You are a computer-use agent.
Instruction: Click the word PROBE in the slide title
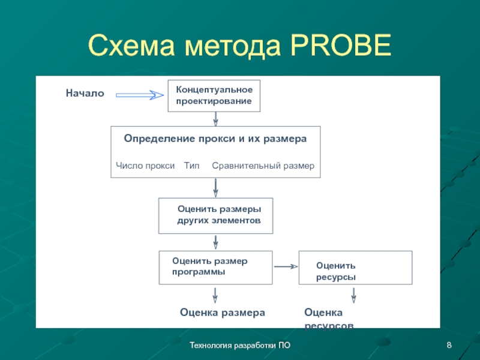[341, 46]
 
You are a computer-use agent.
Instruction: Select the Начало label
[85, 93]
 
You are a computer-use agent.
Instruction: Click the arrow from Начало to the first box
[139, 95]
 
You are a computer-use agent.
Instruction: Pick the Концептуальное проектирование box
[214, 95]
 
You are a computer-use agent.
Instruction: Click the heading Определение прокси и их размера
[215, 138]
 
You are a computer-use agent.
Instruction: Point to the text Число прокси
[145, 165]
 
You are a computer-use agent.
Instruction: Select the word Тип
[191, 165]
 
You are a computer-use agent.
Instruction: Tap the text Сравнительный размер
[263, 165]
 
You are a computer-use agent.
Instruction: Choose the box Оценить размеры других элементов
[215, 215]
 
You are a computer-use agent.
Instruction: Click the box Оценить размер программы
[215, 268]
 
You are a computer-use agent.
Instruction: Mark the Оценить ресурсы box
[355, 268]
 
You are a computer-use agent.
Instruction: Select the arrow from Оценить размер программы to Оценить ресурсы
[286, 266]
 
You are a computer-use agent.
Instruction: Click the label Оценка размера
[223, 313]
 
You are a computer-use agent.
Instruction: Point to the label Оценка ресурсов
[328, 319]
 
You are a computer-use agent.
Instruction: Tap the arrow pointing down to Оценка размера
[215, 295]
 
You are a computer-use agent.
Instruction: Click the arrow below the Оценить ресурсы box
[354, 295]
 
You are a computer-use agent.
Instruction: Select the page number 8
[449, 345]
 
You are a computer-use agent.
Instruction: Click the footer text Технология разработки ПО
[240, 345]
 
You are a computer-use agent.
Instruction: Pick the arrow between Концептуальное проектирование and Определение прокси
[215, 119]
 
